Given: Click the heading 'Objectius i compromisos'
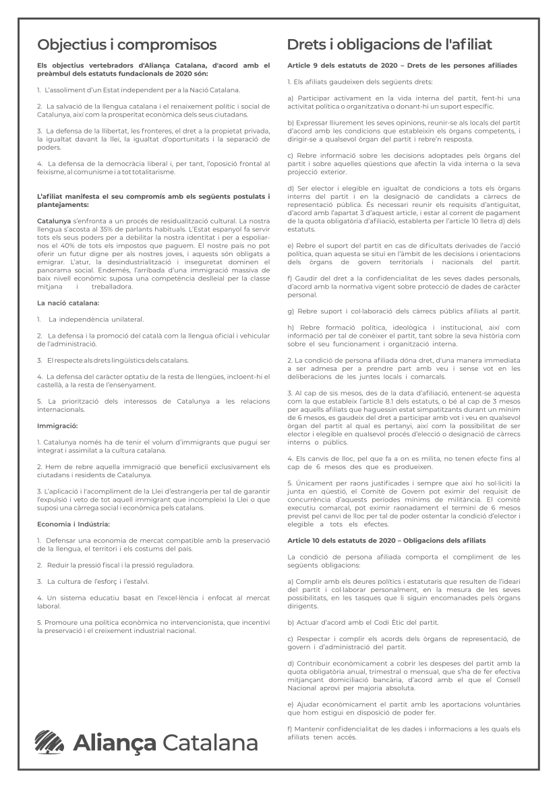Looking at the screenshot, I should (x=127, y=44).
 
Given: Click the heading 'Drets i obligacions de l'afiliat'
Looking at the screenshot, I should (x=389, y=44).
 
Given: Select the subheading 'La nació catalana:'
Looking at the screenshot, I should (x=69, y=303).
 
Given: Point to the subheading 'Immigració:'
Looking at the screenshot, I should (x=57, y=426).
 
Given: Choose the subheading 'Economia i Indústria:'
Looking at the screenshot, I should (x=74, y=523).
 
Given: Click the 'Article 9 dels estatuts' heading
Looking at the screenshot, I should (x=402, y=66).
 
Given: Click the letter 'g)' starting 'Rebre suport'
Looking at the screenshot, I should (x=291, y=311).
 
